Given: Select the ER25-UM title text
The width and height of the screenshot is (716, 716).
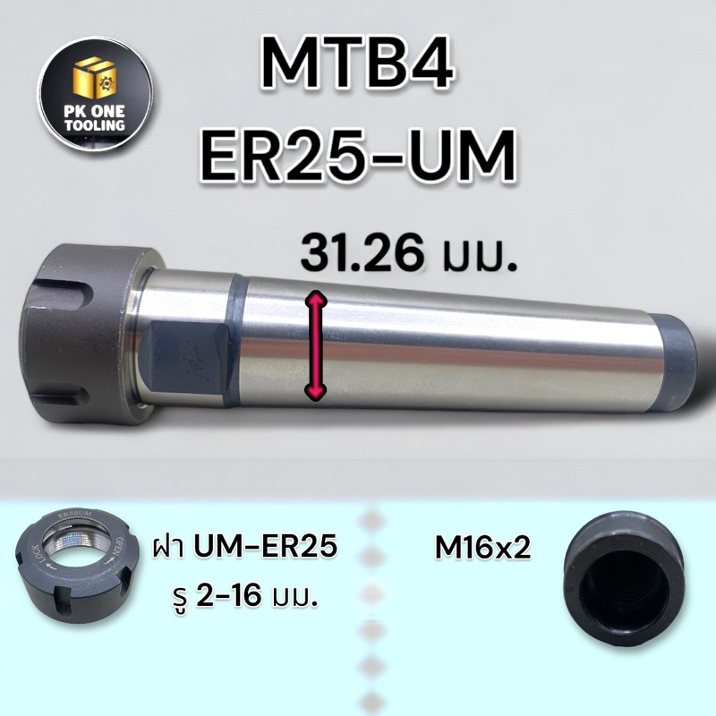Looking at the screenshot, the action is pos(358,155).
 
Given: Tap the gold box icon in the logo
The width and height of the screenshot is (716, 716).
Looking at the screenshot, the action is pos(95,79).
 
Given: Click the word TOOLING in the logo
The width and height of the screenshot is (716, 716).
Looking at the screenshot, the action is pos(95,124).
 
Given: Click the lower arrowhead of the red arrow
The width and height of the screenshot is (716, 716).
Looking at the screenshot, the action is pos(316,391).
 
